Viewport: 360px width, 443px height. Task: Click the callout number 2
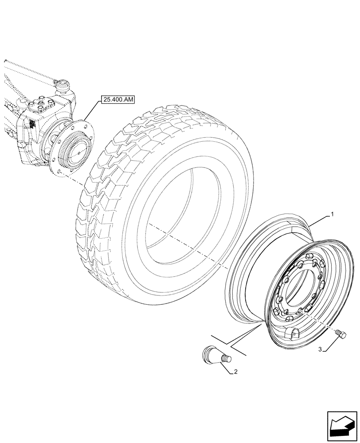click(235, 372)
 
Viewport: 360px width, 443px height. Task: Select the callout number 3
click(320, 350)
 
